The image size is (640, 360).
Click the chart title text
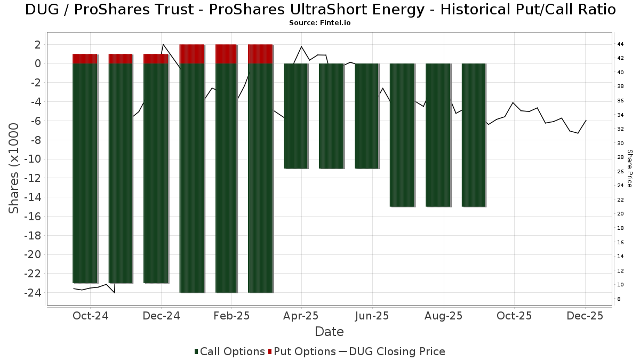coord(320,10)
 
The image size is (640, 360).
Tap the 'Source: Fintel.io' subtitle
coord(320,23)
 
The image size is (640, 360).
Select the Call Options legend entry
coord(230,351)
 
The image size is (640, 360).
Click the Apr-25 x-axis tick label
coord(301,316)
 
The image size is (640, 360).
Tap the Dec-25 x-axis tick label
coord(585,316)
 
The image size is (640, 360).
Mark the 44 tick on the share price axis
coord(620,44)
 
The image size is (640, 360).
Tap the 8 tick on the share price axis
coord(618,299)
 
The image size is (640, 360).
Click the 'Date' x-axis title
coord(329,332)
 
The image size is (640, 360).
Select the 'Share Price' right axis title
coord(629,168)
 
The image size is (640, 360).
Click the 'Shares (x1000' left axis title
coord(14,168)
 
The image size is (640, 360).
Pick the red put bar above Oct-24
coord(85,59)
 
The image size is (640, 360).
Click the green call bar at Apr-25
coord(296,116)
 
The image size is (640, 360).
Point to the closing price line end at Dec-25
coord(586,121)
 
